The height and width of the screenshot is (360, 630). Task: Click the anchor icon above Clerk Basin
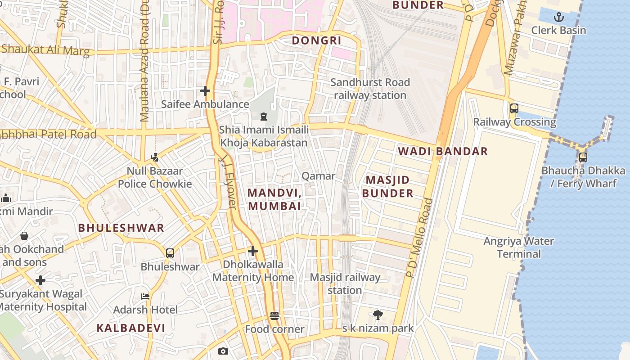pos(558,18)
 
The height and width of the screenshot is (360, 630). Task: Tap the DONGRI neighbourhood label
pos(317,40)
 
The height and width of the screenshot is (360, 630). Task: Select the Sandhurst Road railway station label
pos(370,89)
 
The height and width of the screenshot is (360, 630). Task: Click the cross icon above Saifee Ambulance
pos(205,91)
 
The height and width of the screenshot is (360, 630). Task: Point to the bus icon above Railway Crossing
pos(514,108)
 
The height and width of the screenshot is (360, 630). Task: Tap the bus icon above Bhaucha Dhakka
pos(583,157)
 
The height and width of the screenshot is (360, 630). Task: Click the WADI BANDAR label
pos(443,151)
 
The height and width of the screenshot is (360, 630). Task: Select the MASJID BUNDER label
pos(388,187)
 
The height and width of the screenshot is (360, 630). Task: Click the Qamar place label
pos(318,176)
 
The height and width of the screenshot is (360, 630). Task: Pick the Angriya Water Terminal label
pos(519,247)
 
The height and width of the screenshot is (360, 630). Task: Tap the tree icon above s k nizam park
pos(378,315)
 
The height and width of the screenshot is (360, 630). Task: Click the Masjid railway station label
pos(345,283)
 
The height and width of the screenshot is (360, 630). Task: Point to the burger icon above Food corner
pos(274,316)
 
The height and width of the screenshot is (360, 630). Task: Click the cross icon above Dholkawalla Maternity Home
pos(253,251)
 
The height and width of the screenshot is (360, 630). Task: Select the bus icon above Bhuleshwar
pos(170,253)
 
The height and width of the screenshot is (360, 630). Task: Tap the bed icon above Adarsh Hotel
pos(145,297)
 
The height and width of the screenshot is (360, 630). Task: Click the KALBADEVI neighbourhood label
pos(131,328)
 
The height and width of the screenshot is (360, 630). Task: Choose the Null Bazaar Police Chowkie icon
pos(155,157)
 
